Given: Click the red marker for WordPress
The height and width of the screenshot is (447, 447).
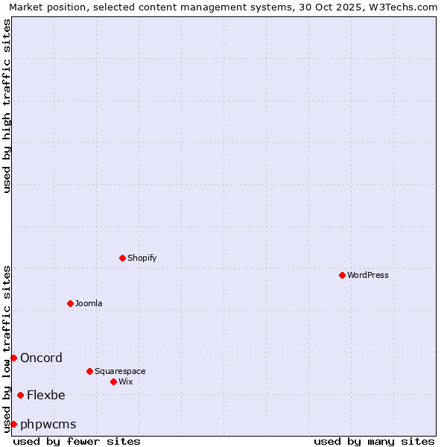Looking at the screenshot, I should coord(342,275).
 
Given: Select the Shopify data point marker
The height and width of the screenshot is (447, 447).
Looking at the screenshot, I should coord(122,258).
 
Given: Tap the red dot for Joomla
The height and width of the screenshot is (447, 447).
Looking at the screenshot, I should coord(70,303).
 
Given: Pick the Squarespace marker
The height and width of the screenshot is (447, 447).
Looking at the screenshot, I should coord(89,371).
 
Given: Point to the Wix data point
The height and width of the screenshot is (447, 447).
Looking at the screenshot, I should coord(113,381).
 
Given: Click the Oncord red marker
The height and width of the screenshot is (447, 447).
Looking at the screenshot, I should coord(13,358).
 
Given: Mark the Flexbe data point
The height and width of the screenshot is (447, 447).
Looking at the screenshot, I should coord(20,395).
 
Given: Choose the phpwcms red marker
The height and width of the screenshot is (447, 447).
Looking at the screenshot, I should coord(13,424).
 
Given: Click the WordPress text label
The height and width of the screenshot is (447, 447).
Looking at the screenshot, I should coord(368,275).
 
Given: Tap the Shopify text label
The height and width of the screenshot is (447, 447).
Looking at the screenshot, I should coord(142,258).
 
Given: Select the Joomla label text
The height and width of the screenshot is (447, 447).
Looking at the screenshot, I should coord(89,303).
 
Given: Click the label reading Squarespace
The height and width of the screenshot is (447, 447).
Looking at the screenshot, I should coord(120,371).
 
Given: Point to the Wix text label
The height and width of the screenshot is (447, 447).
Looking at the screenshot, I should coord(126,381).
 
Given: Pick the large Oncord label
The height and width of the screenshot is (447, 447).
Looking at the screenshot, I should coord(41,358).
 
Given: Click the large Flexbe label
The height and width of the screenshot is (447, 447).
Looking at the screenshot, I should coord(46,395).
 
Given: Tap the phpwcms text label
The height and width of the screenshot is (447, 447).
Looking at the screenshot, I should coord(48,424).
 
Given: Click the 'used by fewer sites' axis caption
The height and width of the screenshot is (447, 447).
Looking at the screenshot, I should coord(77,441).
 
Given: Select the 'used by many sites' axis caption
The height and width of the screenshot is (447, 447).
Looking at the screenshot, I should coord(374,441).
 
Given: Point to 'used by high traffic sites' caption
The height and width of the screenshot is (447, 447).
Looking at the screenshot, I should coord(7,106).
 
